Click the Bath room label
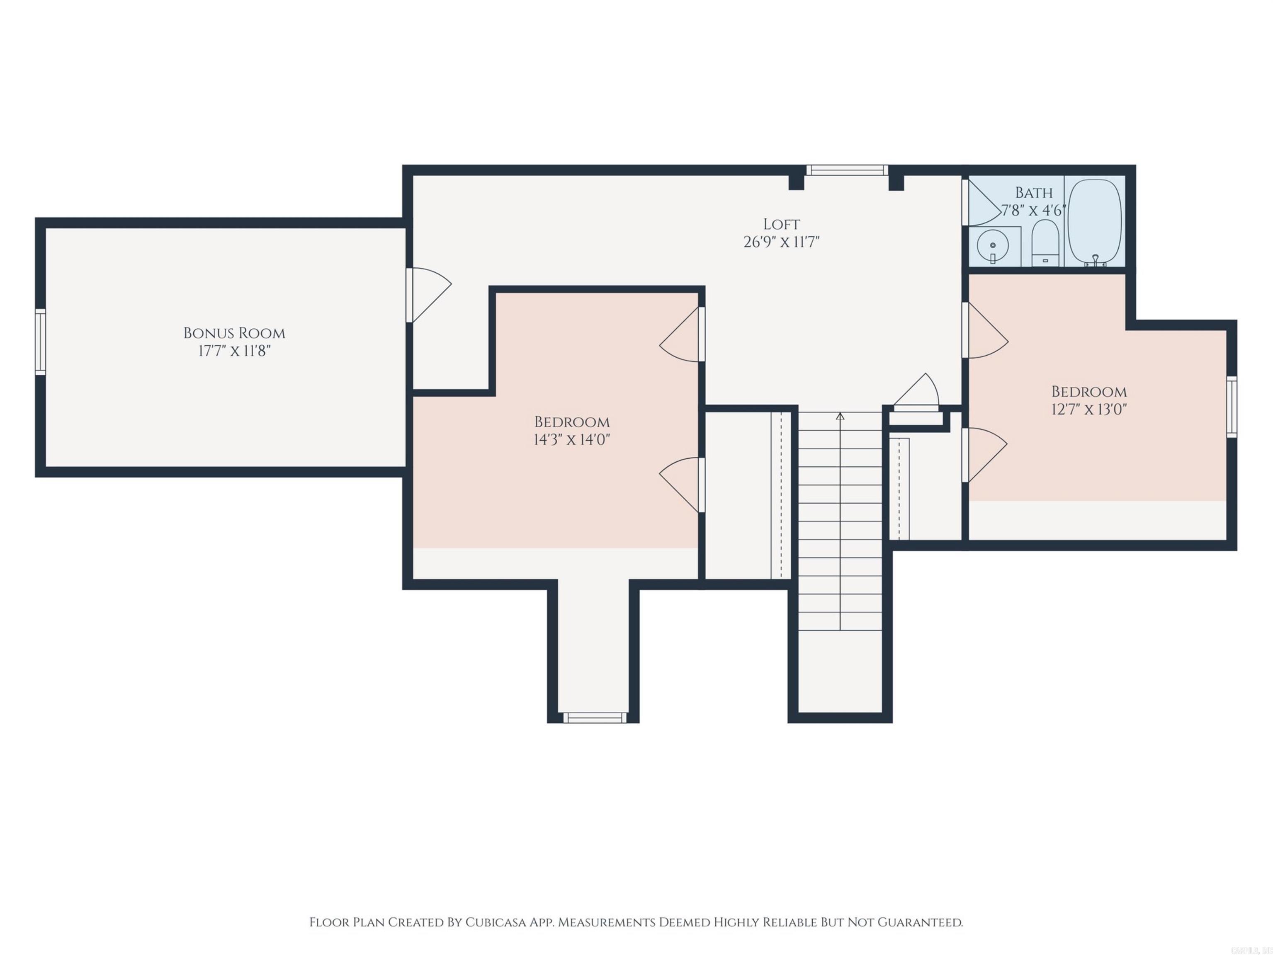[1034, 192]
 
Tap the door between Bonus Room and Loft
[429, 295]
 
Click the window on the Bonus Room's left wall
[40, 342]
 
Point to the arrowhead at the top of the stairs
[840, 415]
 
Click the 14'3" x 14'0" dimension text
[571, 439]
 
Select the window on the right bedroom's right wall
[1232, 407]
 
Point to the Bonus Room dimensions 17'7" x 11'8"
[234, 351]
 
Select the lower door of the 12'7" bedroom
[985, 454]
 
